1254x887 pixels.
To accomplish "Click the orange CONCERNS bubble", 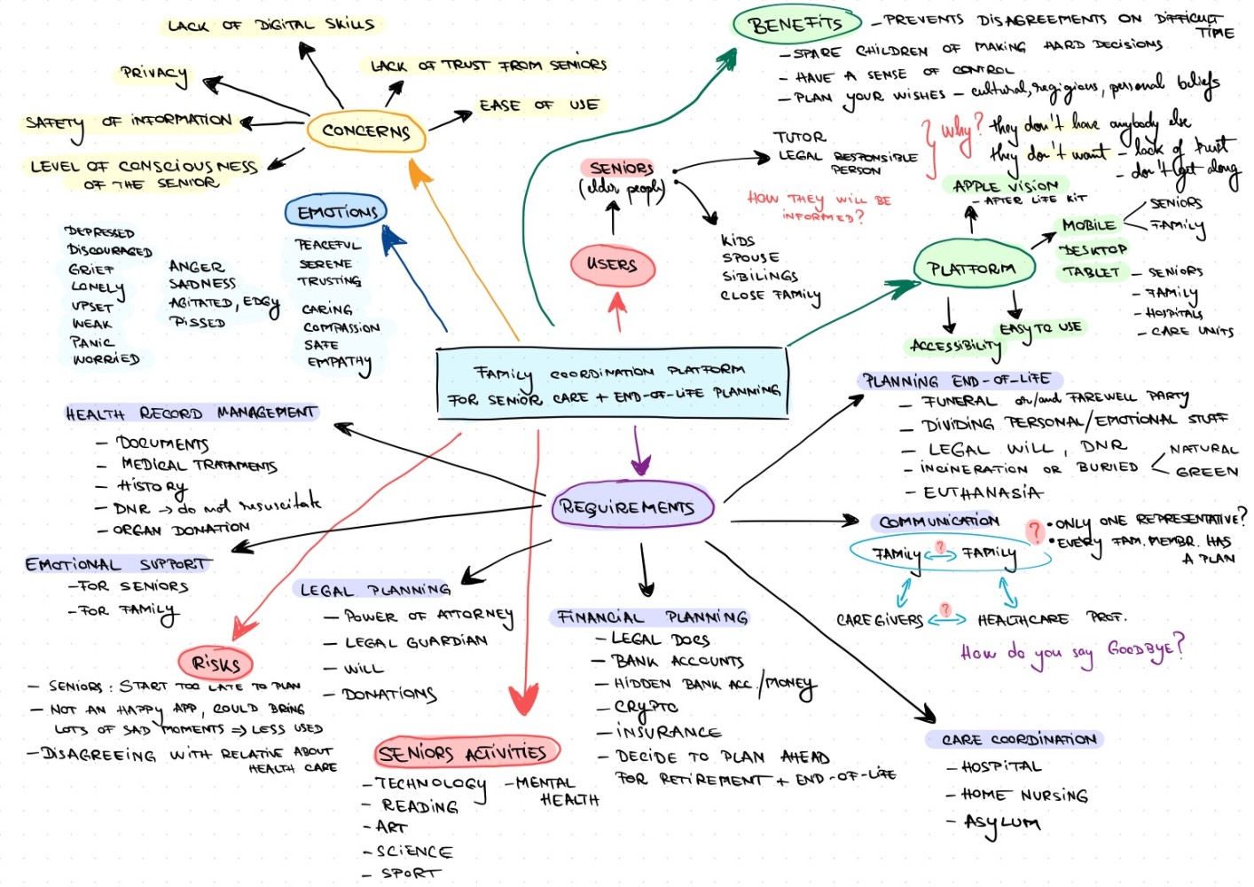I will pos(365,131).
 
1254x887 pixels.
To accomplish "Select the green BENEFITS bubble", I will pos(796,24).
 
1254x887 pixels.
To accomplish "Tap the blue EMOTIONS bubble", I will pos(336,212).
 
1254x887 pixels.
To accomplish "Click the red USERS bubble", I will pos(612,264).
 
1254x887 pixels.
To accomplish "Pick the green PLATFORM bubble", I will pos(972,267).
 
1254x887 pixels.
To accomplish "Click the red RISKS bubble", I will pos(216,663).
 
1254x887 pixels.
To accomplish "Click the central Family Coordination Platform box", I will pos(612,383).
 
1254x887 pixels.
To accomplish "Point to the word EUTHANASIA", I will pos(983,492).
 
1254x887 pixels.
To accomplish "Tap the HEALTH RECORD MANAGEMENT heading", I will pos(191,412).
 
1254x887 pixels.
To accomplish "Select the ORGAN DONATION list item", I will pos(181,530).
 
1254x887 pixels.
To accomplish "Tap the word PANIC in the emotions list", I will pos(92,341).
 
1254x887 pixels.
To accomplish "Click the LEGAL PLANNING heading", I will pos(375,590).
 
